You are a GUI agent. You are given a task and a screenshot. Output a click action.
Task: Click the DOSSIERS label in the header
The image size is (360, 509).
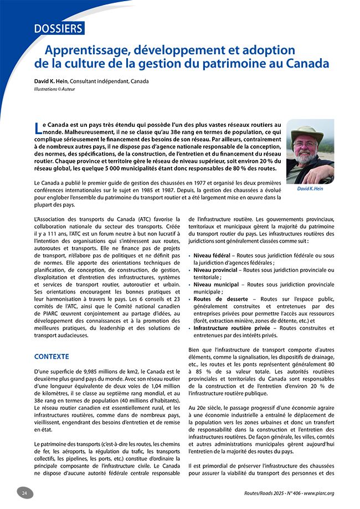tap(58, 28)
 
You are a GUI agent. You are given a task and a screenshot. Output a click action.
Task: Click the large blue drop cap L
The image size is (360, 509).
tap(38, 128)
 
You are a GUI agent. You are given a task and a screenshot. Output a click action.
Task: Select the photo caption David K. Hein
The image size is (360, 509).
tap(310, 188)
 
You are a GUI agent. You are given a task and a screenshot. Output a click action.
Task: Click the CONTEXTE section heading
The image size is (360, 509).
tap(52, 356)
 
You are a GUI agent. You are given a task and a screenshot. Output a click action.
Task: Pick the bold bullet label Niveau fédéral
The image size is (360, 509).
tap(212, 255)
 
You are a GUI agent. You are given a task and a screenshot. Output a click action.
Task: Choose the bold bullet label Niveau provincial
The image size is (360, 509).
tap(215, 270)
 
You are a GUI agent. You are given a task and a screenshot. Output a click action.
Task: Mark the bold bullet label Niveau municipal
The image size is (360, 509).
tap(215, 284)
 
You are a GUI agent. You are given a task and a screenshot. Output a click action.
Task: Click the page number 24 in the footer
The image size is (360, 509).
tap(24, 493)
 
